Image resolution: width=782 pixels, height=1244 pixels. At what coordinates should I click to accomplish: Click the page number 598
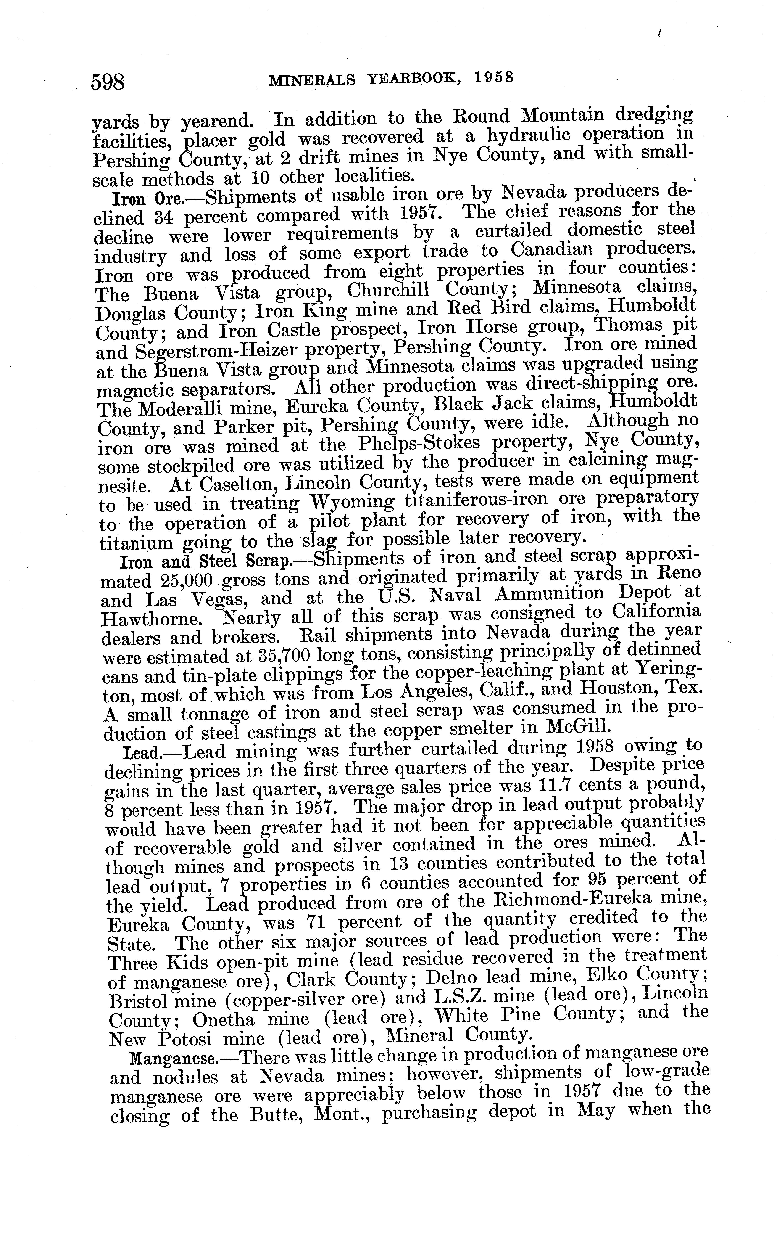[108, 81]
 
